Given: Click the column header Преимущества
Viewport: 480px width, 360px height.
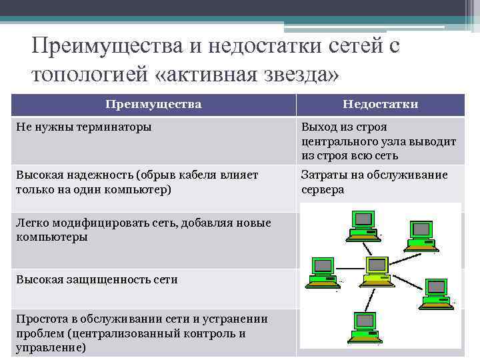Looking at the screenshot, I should [x=153, y=105].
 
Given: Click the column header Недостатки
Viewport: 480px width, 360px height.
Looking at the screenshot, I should [x=380, y=105].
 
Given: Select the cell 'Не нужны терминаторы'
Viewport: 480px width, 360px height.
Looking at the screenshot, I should [x=83, y=127].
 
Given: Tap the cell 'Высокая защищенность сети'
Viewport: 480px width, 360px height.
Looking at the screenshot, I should [x=97, y=279].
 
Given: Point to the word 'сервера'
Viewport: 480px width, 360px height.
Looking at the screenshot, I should [x=323, y=189].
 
